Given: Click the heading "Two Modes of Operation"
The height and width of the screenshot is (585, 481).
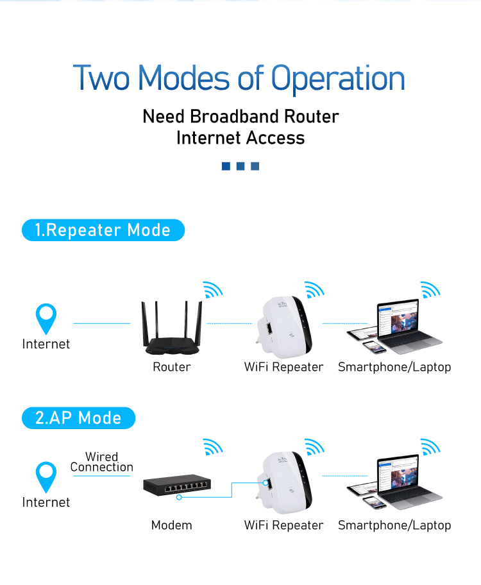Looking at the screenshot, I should point(239,78).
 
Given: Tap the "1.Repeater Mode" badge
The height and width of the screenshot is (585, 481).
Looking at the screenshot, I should point(103,230).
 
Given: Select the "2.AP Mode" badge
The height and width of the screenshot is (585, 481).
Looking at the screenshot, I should point(78,418).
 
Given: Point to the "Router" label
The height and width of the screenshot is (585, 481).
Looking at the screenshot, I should point(171,367).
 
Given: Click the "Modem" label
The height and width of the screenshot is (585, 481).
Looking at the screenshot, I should point(171,525).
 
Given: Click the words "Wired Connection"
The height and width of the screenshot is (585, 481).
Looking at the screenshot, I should point(102,462).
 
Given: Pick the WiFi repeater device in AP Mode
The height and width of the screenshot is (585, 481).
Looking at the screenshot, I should point(287,484).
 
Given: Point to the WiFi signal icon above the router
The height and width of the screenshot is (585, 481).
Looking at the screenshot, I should point(212,289).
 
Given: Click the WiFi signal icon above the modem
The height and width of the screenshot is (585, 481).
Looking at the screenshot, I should point(212,447).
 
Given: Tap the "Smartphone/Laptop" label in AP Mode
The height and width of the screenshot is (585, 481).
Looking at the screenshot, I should point(394,525).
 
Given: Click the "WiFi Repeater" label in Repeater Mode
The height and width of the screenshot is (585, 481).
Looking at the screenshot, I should point(283,367).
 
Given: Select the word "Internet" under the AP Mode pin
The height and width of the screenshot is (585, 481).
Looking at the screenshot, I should point(46,502).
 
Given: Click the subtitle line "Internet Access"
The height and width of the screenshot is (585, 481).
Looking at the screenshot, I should point(240,138).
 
